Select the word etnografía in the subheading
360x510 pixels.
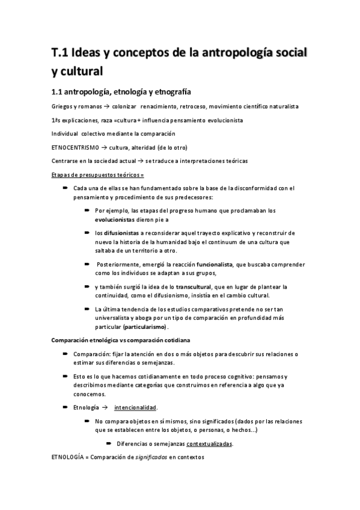click(168, 92)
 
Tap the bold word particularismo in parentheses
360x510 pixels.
click(145, 327)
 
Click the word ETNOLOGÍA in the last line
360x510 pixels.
click(69, 458)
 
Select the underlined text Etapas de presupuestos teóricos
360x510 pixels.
click(97, 174)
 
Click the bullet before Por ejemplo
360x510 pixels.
click(88, 211)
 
